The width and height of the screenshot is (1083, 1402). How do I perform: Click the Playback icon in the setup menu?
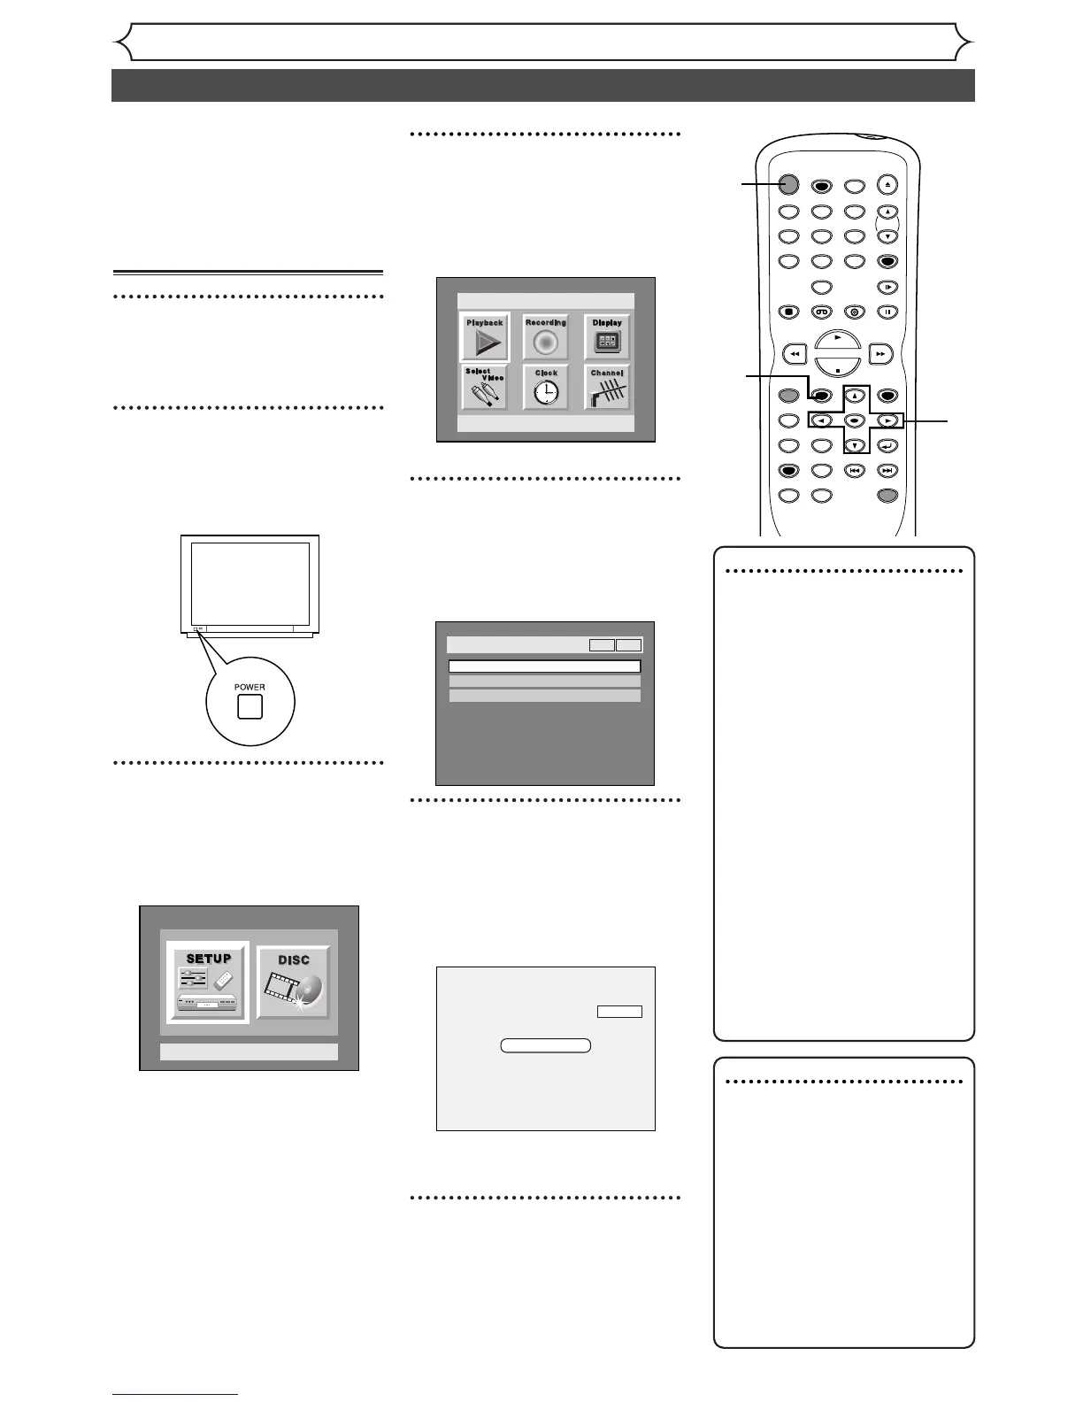pyautogui.click(x=485, y=337)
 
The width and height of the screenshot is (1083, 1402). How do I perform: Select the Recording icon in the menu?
pyautogui.click(x=546, y=337)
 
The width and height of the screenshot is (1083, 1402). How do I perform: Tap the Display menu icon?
pyautogui.click(x=607, y=337)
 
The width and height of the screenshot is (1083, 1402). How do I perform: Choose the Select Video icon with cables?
pyautogui.click(x=485, y=388)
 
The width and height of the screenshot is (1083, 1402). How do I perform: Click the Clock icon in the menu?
pyautogui.click(x=546, y=388)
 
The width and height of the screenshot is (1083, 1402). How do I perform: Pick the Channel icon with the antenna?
pyautogui.click(x=607, y=388)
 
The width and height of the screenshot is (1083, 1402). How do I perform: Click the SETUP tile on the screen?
pyautogui.click(x=209, y=982)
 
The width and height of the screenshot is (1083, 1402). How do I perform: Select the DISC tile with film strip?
pyautogui.click(x=294, y=982)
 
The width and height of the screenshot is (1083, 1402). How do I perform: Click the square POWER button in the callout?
pyautogui.click(x=250, y=706)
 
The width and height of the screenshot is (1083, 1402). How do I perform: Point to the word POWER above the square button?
pyautogui.click(x=250, y=687)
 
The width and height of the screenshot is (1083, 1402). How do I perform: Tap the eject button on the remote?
pyautogui.click(x=887, y=185)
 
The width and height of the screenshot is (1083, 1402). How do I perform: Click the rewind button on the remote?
pyautogui.click(x=795, y=353)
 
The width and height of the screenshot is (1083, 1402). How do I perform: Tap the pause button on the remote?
pyautogui.click(x=887, y=312)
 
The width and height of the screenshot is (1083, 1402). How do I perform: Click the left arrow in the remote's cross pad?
pyautogui.click(x=820, y=421)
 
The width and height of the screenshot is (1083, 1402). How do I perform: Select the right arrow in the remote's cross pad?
pyautogui.click(x=887, y=421)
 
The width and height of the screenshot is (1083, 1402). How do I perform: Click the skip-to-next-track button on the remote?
pyautogui.click(x=887, y=471)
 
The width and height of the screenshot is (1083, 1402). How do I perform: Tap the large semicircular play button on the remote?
pyautogui.click(x=837, y=340)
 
